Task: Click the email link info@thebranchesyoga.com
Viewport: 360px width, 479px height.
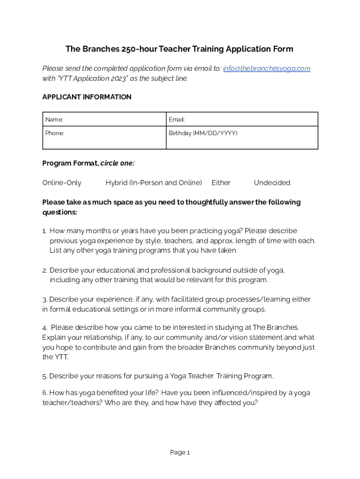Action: pyautogui.click(x=266, y=69)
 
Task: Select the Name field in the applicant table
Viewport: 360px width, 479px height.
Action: pyautogui.click(x=104, y=120)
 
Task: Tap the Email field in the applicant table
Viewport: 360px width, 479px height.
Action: pyautogui.click(x=242, y=120)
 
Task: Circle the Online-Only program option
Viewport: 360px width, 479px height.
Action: pyautogui.click(x=62, y=183)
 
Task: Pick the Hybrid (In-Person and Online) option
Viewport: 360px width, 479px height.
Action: pyautogui.click(x=154, y=183)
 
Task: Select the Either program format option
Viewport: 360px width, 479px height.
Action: pyautogui.click(x=221, y=183)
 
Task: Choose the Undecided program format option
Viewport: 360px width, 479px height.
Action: pyautogui.click(x=272, y=183)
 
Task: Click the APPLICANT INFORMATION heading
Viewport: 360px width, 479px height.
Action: pyautogui.click(x=87, y=97)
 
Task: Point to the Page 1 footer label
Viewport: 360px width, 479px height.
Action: pyautogui.click(x=180, y=453)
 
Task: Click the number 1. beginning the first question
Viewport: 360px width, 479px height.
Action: pyautogui.click(x=45, y=231)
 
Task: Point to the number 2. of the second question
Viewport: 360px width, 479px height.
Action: pyautogui.click(x=45, y=270)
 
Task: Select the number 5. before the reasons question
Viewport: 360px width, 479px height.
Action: pyautogui.click(x=45, y=376)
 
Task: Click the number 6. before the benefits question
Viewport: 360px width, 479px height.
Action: pyautogui.click(x=45, y=393)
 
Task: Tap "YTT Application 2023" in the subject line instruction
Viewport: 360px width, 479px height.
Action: pyautogui.click(x=88, y=79)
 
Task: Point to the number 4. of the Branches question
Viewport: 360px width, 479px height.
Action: pyautogui.click(x=45, y=327)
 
